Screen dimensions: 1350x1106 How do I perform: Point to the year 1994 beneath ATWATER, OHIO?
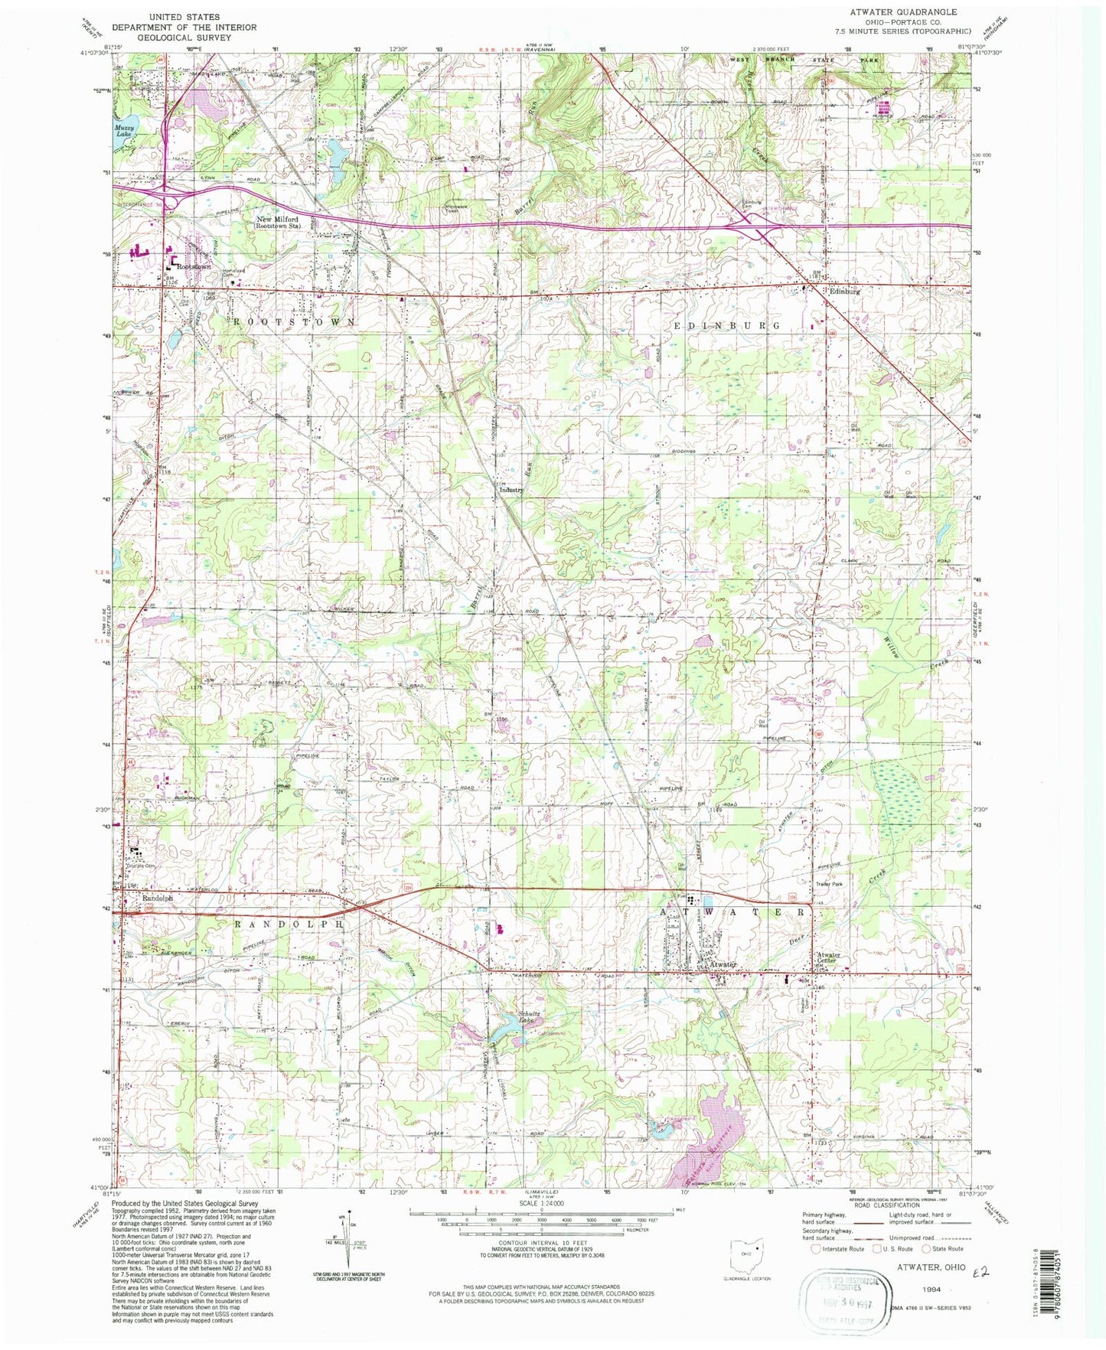click(929, 1289)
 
